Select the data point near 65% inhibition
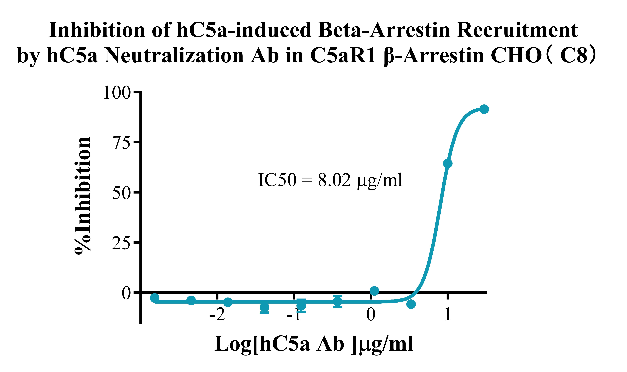pos(448,163)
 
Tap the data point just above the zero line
pos(374,291)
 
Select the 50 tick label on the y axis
pos(122,193)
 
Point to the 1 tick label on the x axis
pos(448,315)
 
